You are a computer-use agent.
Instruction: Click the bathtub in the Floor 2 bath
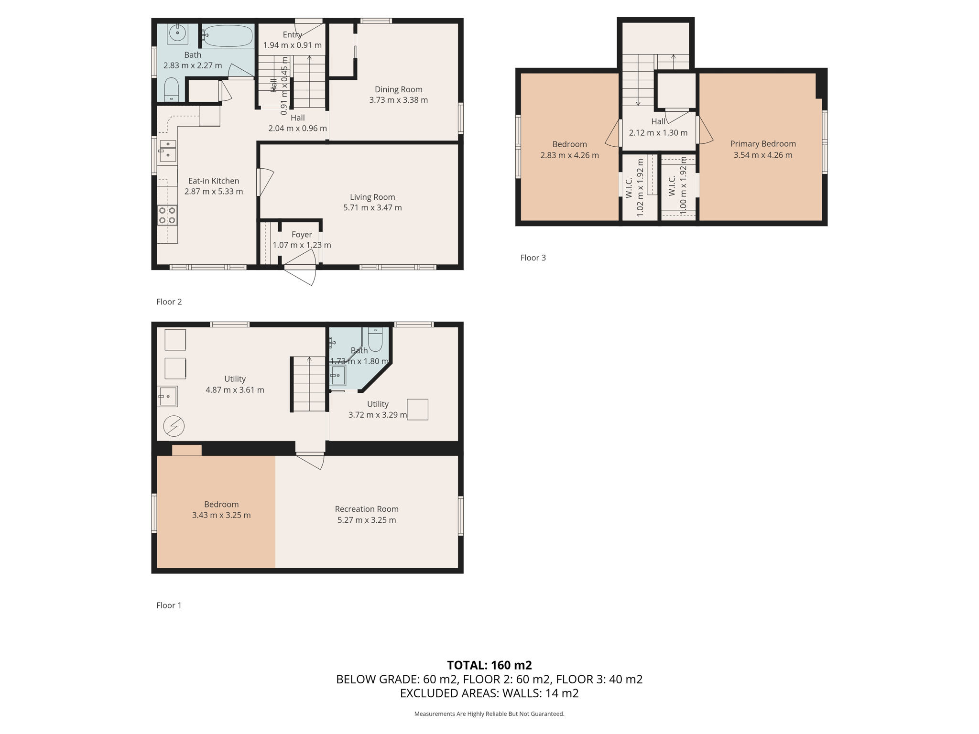(228, 36)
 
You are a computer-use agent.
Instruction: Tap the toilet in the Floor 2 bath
(171, 89)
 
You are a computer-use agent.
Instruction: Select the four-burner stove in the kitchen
(167, 215)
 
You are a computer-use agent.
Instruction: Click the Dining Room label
(398, 89)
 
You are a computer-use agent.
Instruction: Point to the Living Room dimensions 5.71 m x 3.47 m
(372, 208)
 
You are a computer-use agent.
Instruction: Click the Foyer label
(302, 235)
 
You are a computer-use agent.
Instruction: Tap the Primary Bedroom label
(763, 144)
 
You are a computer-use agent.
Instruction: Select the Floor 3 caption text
(533, 258)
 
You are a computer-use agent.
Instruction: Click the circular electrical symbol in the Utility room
(174, 426)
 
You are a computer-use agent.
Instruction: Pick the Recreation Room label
(367, 509)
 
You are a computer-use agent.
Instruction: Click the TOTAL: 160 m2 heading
(489, 665)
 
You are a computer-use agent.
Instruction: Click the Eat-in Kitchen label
(214, 181)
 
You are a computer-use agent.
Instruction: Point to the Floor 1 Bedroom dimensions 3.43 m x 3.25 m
(221, 515)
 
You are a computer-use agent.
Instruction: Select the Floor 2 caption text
(169, 302)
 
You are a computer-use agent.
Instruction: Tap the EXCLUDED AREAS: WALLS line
(489, 693)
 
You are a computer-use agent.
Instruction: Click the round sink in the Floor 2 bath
(177, 33)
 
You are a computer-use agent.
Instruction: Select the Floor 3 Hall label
(658, 122)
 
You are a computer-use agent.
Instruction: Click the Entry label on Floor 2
(292, 34)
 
